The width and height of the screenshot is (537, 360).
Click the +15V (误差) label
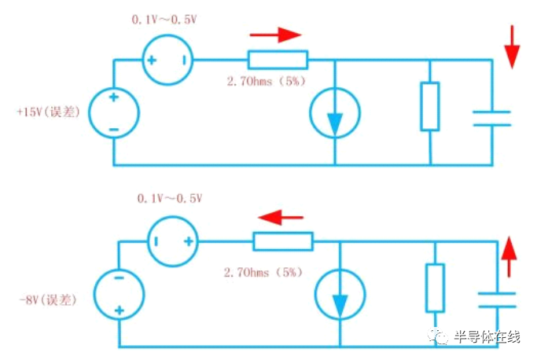click(x=48, y=112)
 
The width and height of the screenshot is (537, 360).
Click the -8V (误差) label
click(x=48, y=300)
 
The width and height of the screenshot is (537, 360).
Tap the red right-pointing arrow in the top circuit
click(x=275, y=35)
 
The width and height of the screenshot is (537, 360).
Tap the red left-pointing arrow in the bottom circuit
click(x=281, y=217)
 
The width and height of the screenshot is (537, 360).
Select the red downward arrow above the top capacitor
click(x=512, y=47)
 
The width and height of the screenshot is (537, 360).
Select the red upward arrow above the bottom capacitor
click(x=509, y=256)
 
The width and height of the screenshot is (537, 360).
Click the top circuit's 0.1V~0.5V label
click(x=164, y=20)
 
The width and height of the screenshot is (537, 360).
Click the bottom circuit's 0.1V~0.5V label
click(x=170, y=198)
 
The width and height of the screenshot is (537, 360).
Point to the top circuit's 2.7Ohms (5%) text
click(x=266, y=82)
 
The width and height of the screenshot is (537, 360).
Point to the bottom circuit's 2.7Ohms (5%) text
click(x=263, y=272)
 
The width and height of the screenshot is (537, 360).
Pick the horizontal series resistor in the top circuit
click(x=278, y=60)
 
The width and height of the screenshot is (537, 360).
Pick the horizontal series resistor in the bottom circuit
click(x=283, y=241)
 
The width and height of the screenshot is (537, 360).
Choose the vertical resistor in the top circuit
click(x=430, y=106)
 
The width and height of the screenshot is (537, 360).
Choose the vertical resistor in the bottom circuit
click(x=435, y=288)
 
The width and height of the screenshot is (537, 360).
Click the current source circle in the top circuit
click(x=310, y=113)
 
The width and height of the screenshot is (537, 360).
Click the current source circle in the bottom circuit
click(x=315, y=295)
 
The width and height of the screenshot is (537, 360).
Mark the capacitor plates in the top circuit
click(x=492, y=119)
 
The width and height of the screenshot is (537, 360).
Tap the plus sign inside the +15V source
click(x=114, y=97)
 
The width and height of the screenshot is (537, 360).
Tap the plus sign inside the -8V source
click(x=120, y=310)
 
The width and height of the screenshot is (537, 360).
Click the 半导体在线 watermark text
click(x=487, y=336)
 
